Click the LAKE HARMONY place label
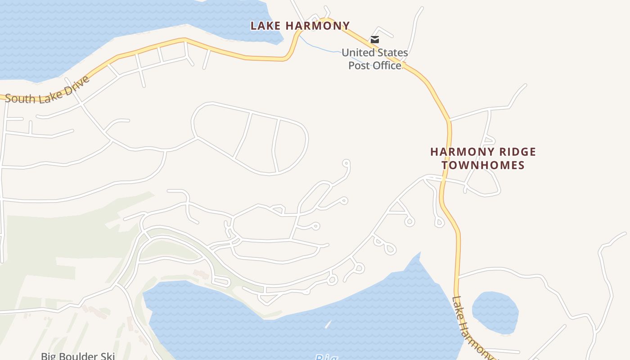point(300,26)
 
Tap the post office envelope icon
point(374,40)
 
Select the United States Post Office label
point(375,59)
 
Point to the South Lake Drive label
point(48,91)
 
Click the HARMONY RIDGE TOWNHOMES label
point(483,158)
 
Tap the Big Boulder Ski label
point(78,356)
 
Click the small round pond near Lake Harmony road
point(495,312)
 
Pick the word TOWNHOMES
point(483,165)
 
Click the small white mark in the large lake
point(328,324)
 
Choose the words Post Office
point(375,66)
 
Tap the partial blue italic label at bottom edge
point(326,357)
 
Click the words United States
point(375,53)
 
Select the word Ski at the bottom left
point(108,356)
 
